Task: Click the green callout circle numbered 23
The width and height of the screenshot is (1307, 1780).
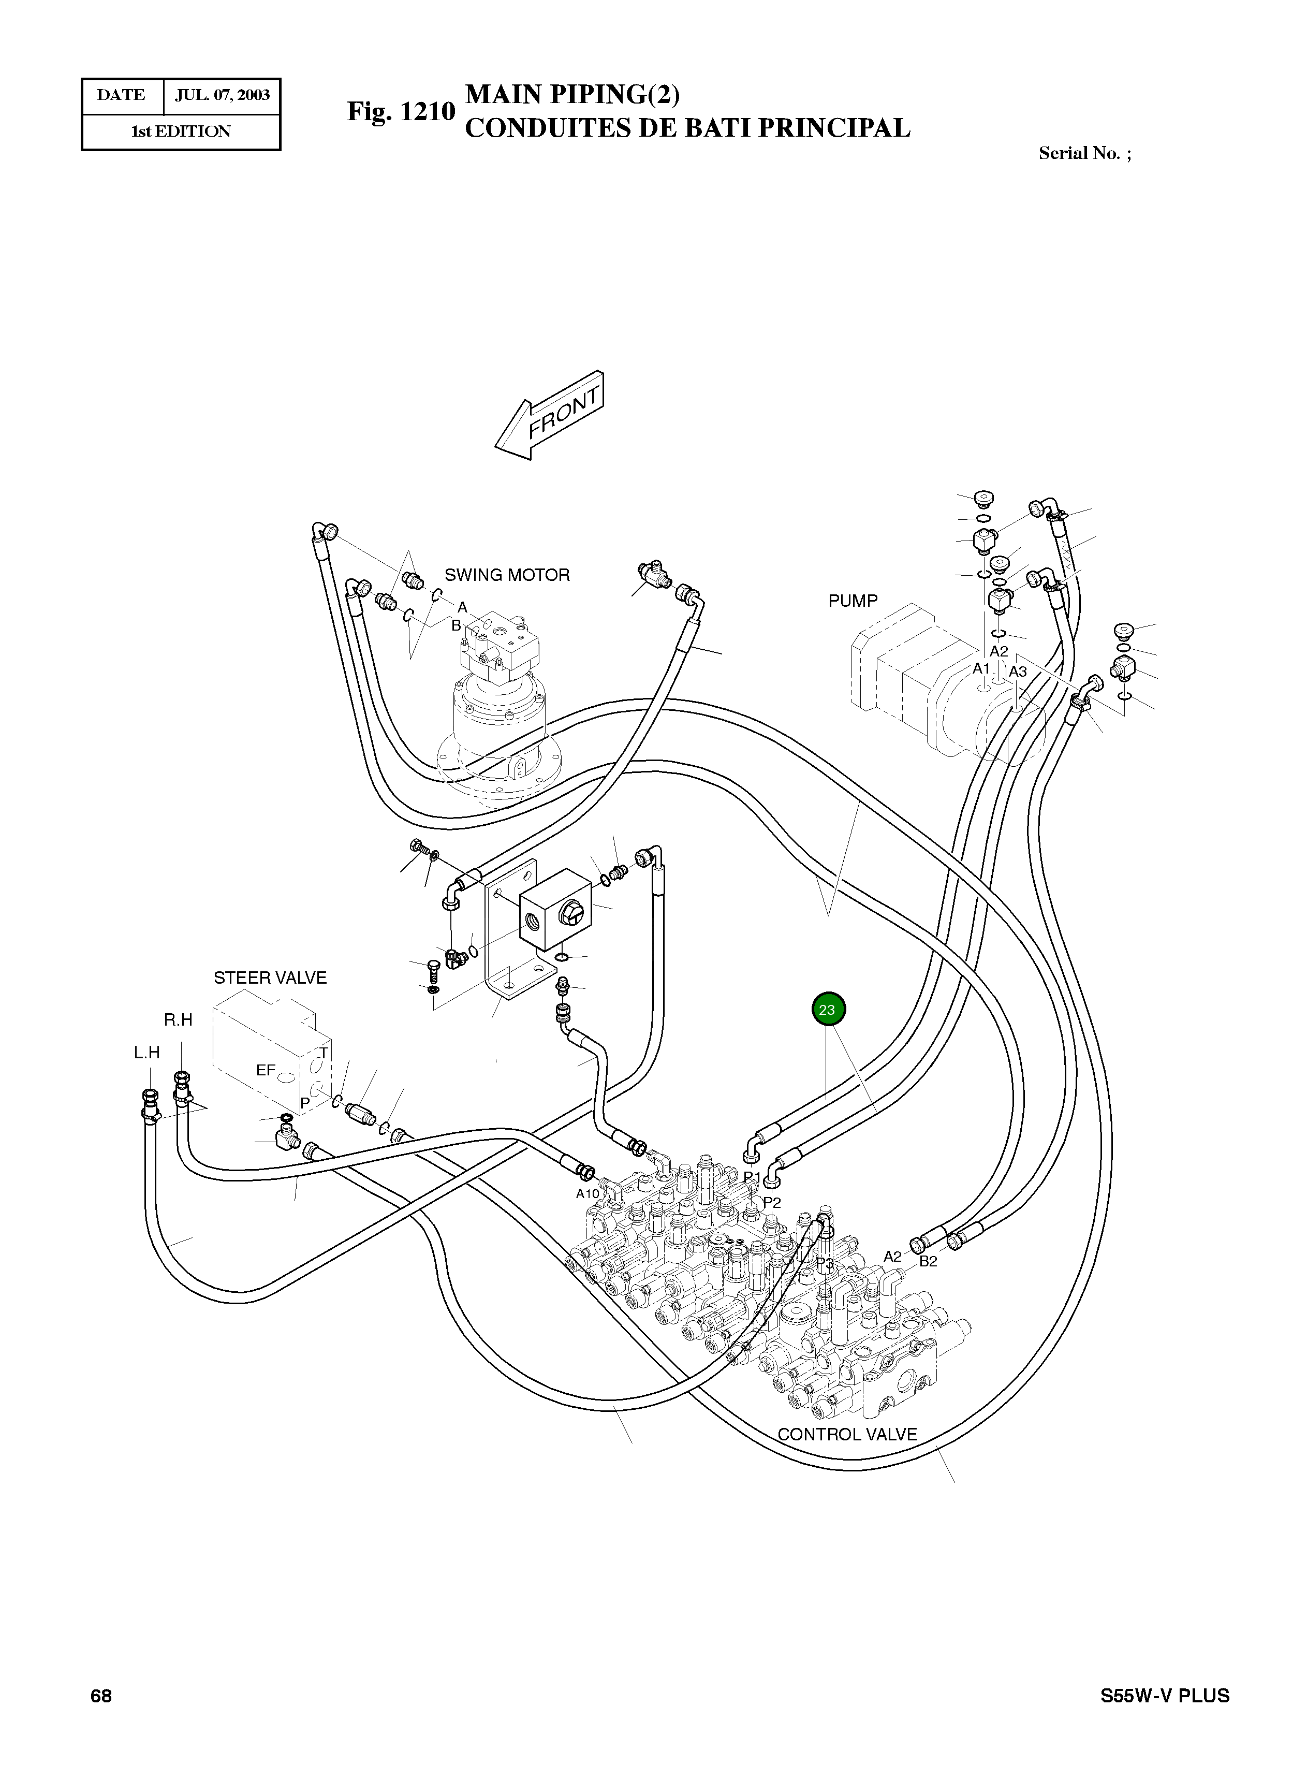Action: click(828, 1010)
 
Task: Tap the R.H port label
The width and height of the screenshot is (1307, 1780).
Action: click(178, 1020)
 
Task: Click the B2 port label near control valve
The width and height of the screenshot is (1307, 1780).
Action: click(928, 1262)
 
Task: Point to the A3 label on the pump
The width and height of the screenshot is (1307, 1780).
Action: click(1018, 672)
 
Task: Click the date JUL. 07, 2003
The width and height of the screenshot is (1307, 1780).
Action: click(222, 96)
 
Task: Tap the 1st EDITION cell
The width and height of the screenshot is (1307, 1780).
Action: click(181, 132)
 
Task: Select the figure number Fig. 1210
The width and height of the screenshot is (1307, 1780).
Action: click(401, 111)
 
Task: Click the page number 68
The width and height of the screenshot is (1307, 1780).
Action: click(101, 1696)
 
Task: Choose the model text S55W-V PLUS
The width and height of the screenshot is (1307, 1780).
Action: click(1165, 1696)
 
